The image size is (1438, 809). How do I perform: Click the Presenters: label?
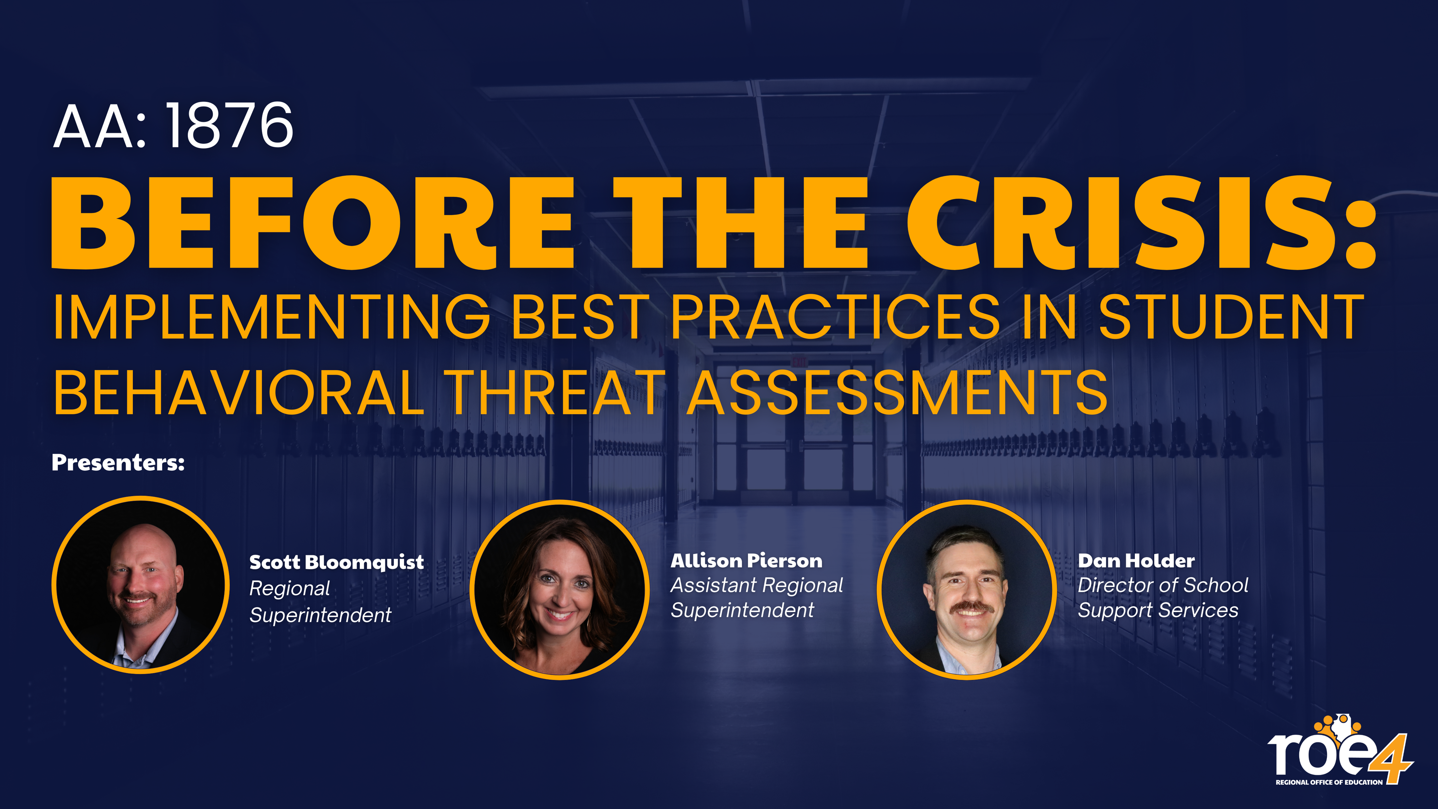[x=118, y=463]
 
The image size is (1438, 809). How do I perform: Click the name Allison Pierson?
[x=747, y=561]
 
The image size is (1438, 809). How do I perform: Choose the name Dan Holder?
[x=1136, y=561]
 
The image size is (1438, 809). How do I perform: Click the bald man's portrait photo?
[x=141, y=585]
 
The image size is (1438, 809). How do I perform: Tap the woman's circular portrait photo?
[x=559, y=589]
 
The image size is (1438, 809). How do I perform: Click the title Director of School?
[x=1163, y=585]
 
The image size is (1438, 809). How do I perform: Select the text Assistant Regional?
[x=757, y=585]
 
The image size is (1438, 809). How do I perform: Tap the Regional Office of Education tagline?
[x=1329, y=782]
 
